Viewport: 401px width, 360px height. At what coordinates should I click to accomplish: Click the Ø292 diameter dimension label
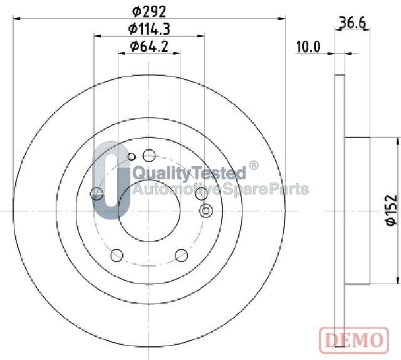(149, 11)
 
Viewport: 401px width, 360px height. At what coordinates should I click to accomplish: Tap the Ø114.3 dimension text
(149, 29)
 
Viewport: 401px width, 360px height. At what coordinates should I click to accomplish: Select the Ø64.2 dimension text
(149, 46)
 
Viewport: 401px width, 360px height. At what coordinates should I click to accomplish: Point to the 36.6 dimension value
(352, 23)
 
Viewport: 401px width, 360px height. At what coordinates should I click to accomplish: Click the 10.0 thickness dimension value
(308, 47)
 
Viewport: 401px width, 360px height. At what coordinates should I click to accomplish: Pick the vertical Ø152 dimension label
(392, 211)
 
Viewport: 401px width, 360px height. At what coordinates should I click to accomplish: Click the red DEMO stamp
(354, 341)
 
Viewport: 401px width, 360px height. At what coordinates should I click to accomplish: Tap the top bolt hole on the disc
(149, 156)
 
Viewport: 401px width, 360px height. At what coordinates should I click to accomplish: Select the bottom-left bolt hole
(117, 255)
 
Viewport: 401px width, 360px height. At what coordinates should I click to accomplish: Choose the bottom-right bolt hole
(182, 255)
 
